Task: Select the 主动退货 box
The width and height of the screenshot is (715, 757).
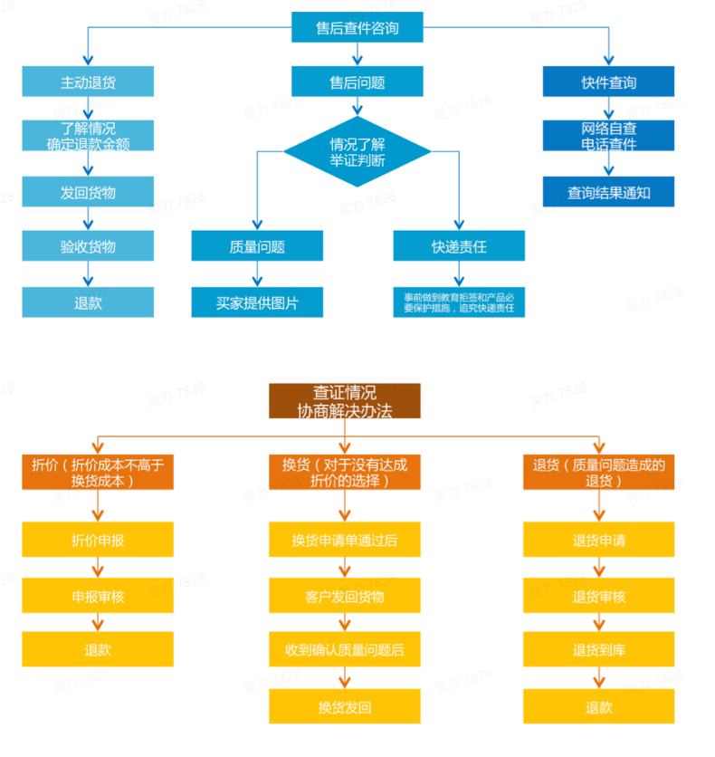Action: click(x=88, y=82)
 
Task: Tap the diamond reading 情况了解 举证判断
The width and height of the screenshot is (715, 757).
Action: click(x=357, y=151)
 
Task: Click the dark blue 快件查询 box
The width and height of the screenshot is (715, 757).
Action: click(x=608, y=82)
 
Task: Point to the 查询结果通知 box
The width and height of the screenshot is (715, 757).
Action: click(x=608, y=192)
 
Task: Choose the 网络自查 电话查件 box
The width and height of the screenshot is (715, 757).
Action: click(x=608, y=136)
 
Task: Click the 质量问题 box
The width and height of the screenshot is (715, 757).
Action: click(x=257, y=246)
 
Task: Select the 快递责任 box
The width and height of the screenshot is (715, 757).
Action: click(x=459, y=246)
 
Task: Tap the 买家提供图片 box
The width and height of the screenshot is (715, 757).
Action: click(x=257, y=302)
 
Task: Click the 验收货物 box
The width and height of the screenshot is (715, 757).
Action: click(x=88, y=246)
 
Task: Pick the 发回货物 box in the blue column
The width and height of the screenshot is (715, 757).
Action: click(x=88, y=192)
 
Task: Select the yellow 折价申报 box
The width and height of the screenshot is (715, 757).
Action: click(x=98, y=540)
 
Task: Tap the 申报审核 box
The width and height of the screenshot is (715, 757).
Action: click(x=98, y=596)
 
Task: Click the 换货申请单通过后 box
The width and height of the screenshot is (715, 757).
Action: click(x=345, y=540)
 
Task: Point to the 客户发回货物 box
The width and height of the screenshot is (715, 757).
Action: click(x=345, y=596)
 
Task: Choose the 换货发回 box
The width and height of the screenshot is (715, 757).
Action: click(x=345, y=706)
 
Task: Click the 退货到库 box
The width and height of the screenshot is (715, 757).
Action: click(x=599, y=649)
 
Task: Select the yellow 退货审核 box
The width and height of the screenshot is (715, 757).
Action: click(x=599, y=596)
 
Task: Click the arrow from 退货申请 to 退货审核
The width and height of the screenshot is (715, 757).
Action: click(x=599, y=568)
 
